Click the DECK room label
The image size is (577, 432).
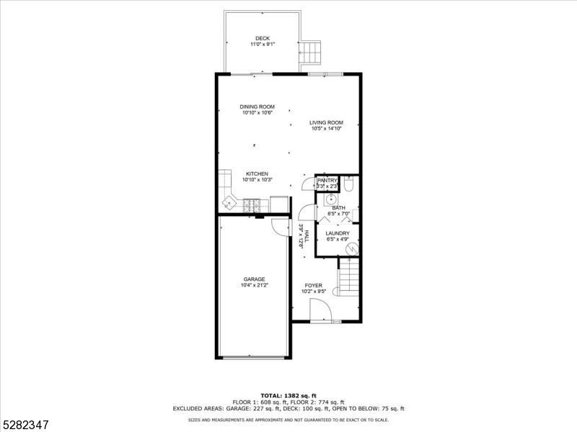coord(263,38)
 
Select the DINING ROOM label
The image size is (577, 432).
coord(257,107)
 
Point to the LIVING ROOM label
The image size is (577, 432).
coord(326,122)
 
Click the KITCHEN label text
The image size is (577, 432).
coord(257,174)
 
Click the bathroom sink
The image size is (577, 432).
coord(330,199)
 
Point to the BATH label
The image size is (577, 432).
coord(338,207)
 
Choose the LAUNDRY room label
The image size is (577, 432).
coord(338,233)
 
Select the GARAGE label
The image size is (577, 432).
coord(254,279)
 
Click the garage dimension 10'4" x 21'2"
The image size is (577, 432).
coord(254,285)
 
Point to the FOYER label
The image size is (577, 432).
coord(313,285)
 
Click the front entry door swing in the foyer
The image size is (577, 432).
coord(320,311)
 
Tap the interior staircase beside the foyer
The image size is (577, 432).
coord(349,277)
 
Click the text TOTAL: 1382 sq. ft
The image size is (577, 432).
coord(288,395)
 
